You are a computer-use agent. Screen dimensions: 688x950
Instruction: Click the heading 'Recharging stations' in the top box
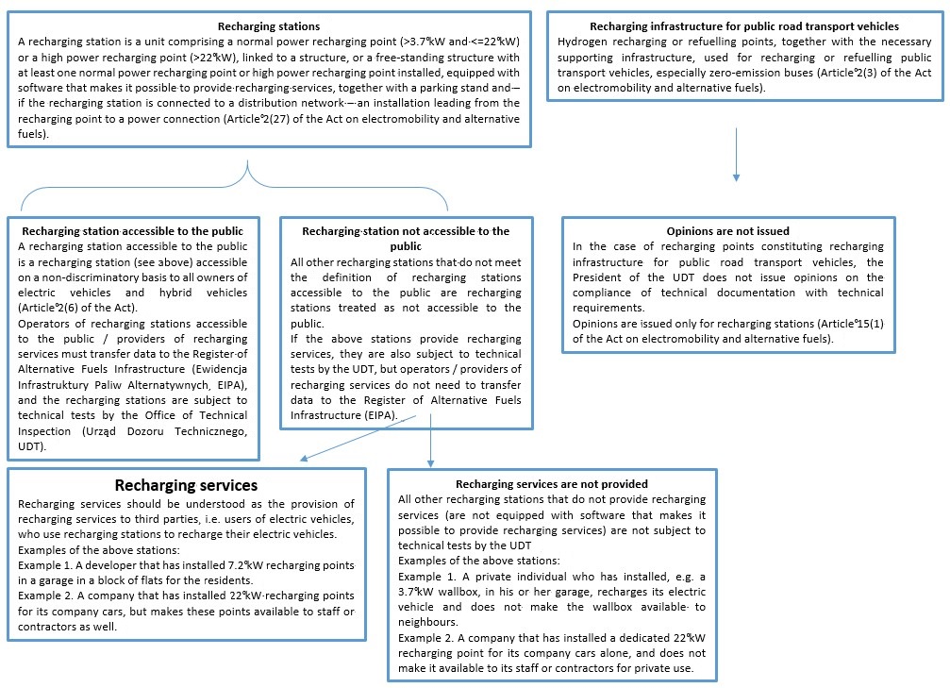click(269, 27)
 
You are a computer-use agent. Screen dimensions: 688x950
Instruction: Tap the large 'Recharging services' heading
click(186, 485)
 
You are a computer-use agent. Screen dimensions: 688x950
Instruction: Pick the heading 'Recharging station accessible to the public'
click(132, 230)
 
